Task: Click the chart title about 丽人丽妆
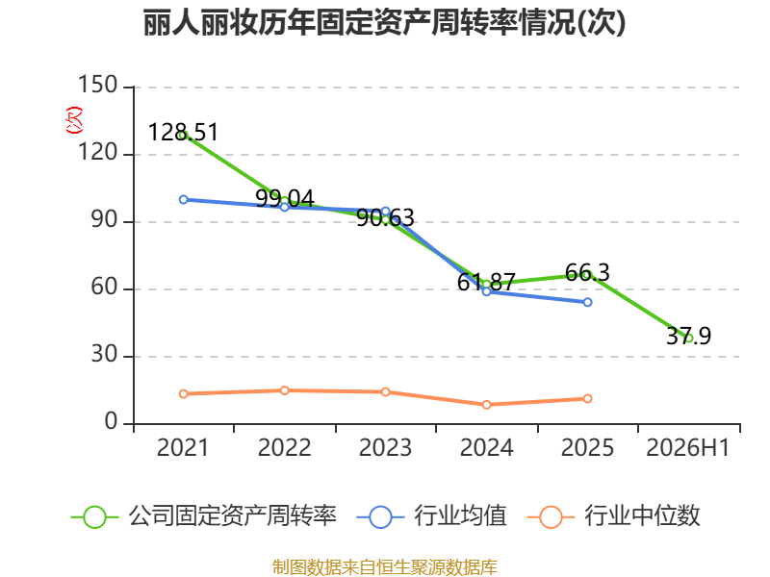384,22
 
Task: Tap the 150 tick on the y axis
98,85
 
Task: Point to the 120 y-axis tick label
98,153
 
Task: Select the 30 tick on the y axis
104,354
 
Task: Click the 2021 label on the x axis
183,447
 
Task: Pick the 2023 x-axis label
385,447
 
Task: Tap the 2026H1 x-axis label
688,447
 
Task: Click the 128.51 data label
183,132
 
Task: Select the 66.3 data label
587,273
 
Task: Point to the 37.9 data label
688,336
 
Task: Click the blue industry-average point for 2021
183,200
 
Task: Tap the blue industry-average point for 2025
587,302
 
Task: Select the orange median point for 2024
486,405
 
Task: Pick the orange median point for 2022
284,390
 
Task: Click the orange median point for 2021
183,394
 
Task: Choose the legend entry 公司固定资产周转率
204,516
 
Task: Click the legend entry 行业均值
431,516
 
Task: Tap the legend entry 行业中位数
613,516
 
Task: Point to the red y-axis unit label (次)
74,120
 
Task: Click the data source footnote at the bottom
385,566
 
